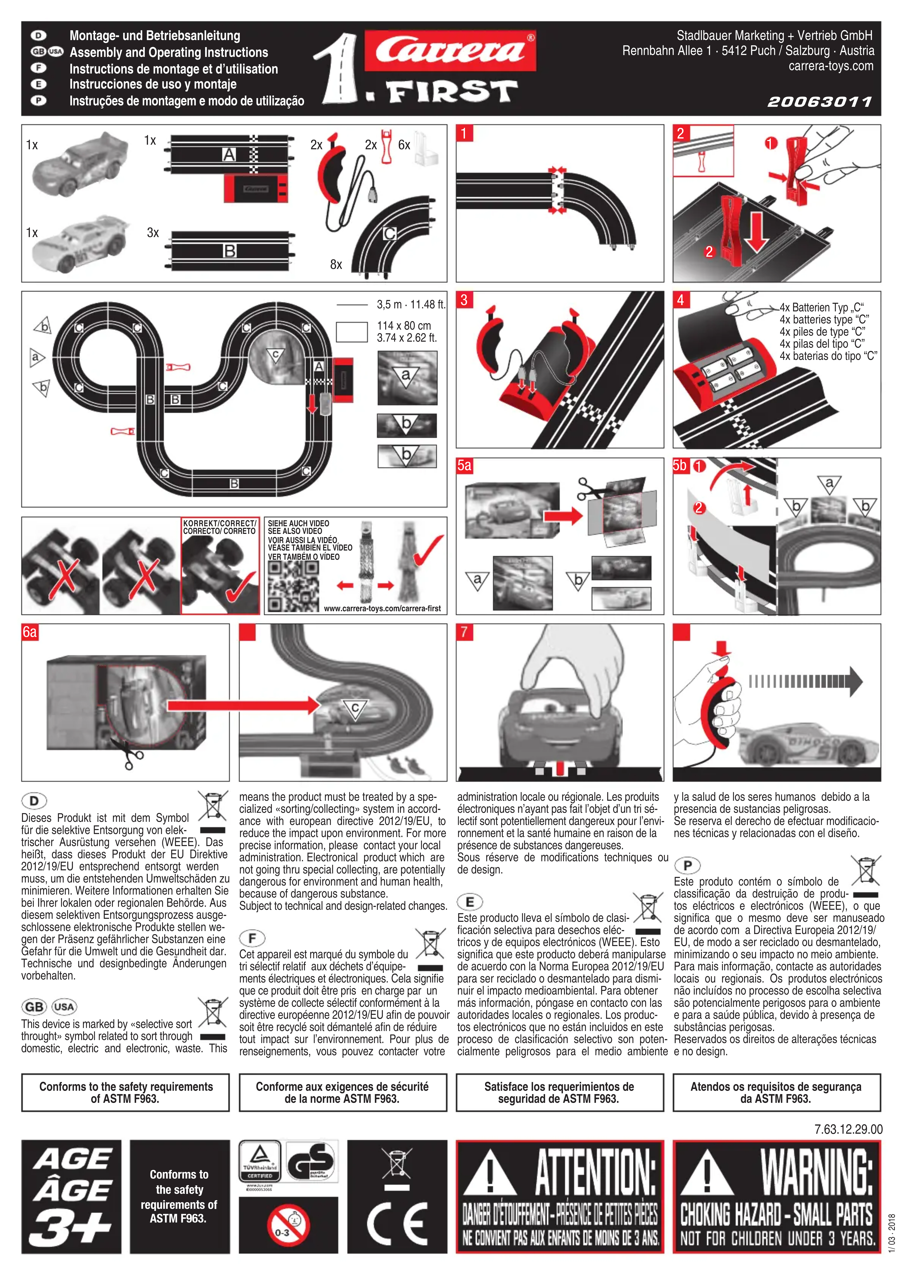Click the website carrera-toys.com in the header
click(831, 66)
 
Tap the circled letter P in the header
click(38, 101)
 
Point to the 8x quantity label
click(336, 264)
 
